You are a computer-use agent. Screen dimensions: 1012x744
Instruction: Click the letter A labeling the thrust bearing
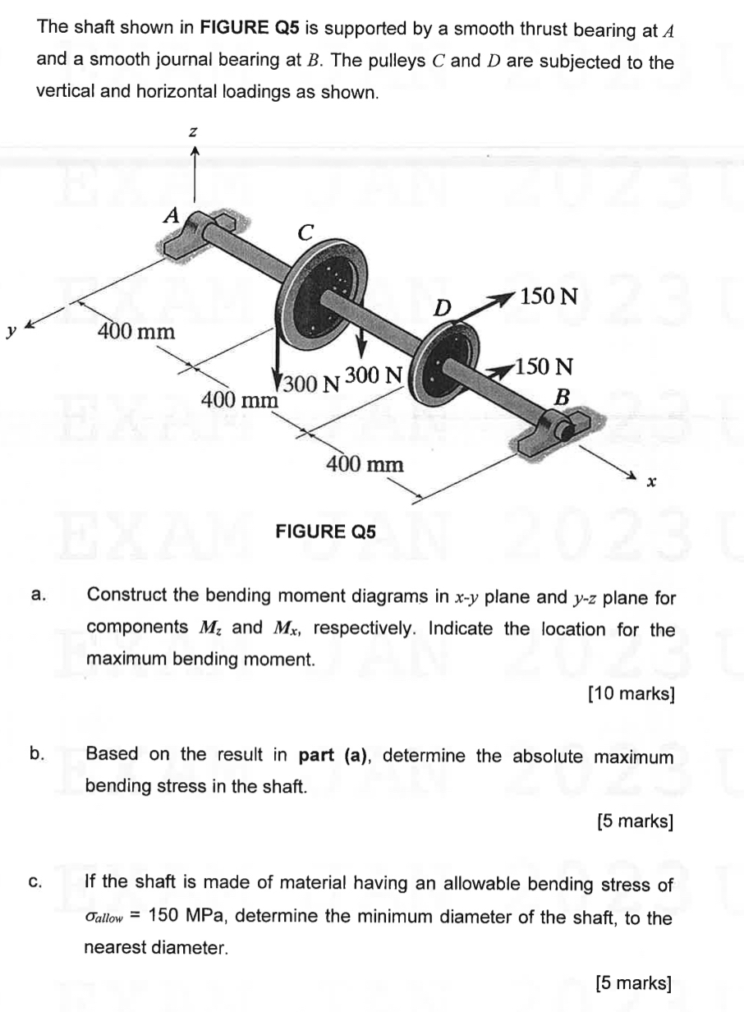(171, 215)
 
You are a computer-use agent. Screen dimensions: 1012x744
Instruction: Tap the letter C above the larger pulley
(305, 232)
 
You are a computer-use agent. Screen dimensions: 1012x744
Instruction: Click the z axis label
(195, 130)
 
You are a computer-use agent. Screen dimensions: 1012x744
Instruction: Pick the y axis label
(11, 331)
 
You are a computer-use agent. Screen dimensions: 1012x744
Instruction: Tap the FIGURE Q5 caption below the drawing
(325, 531)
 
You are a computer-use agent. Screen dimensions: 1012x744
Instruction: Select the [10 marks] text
(631, 694)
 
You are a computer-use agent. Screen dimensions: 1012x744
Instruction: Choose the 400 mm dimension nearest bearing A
(136, 332)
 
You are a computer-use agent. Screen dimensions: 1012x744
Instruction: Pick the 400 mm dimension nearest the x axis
(365, 464)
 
